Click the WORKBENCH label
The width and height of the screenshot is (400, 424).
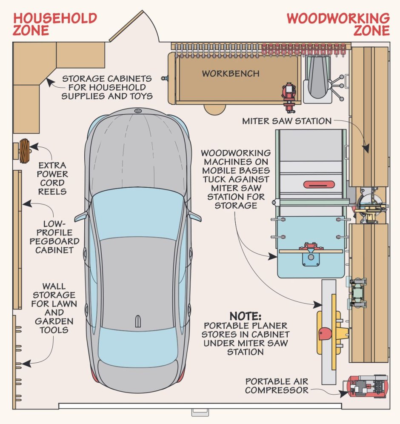[x=231, y=74]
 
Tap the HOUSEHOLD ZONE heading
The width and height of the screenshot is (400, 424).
[x=55, y=24]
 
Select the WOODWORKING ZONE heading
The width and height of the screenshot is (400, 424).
[x=338, y=24]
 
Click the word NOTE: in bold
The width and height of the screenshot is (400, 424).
[x=246, y=316]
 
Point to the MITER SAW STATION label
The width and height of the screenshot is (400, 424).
[x=287, y=121]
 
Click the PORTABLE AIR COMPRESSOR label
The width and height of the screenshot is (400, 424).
[x=277, y=386]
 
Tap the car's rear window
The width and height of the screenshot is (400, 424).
[x=138, y=344]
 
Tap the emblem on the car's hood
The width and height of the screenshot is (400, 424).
[x=138, y=111]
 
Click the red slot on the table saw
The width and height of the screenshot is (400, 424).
[x=319, y=185]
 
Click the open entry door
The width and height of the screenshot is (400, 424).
[x=126, y=26]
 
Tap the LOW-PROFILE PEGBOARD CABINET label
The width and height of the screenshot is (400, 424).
[x=54, y=237]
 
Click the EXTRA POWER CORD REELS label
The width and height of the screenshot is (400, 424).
[x=52, y=178]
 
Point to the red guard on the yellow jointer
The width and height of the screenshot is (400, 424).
[x=325, y=334]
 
